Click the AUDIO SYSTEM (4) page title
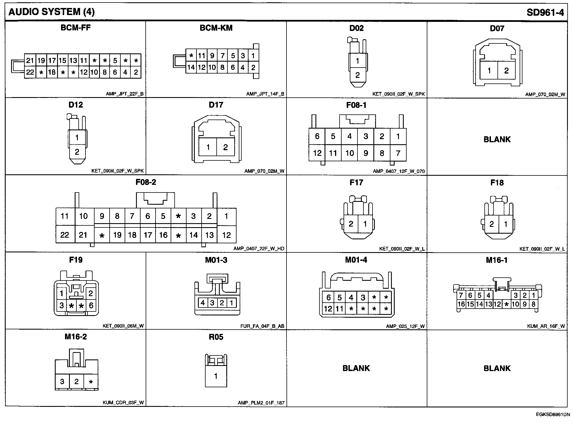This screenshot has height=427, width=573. pos(51,12)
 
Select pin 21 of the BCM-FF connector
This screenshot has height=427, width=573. pos(30,60)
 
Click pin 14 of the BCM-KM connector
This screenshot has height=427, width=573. pos(191,68)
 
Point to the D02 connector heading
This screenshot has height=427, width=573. pos(356,28)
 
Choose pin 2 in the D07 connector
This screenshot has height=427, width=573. pos(506,71)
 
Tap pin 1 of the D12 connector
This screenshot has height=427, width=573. pos(77,138)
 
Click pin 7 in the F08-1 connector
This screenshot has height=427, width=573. pos(398,153)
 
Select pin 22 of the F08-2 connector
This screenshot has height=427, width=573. pos(65,235)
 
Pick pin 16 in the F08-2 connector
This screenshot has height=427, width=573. pos(163,235)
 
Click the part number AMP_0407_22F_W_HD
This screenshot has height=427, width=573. pos(259,249)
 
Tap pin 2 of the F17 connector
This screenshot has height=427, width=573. pos(351,224)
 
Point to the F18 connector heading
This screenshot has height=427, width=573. pos(497,183)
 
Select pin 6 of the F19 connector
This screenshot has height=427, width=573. pos(91,305)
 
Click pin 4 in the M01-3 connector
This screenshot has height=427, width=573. pos(203,303)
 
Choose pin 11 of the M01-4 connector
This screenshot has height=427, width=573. pos(339,309)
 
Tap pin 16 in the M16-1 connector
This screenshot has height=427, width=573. pos(461,304)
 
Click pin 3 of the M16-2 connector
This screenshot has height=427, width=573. pos(62,381)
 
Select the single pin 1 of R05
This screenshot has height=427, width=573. pos(216,376)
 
